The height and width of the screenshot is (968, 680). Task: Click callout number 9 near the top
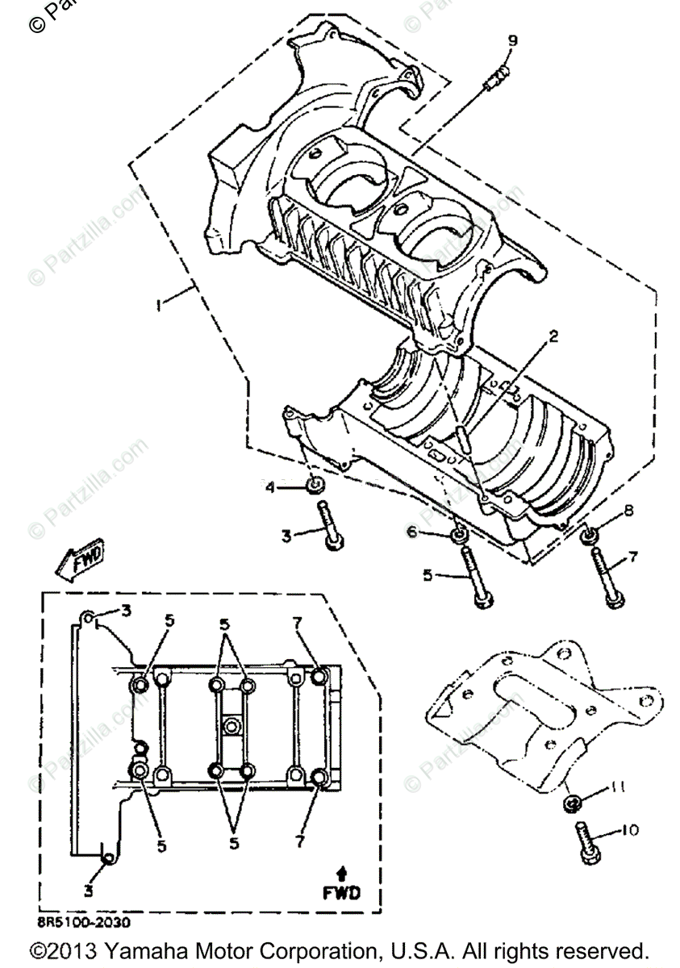coord(512,41)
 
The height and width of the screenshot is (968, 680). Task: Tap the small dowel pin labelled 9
coord(496,78)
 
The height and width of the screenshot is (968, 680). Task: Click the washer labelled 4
coord(316,486)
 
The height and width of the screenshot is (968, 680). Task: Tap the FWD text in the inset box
coord(342,892)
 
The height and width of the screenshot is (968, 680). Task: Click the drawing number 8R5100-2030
coord(82,920)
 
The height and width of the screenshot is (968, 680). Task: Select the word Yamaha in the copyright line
coord(142,949)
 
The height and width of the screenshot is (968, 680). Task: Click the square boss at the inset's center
coord(232,724)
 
